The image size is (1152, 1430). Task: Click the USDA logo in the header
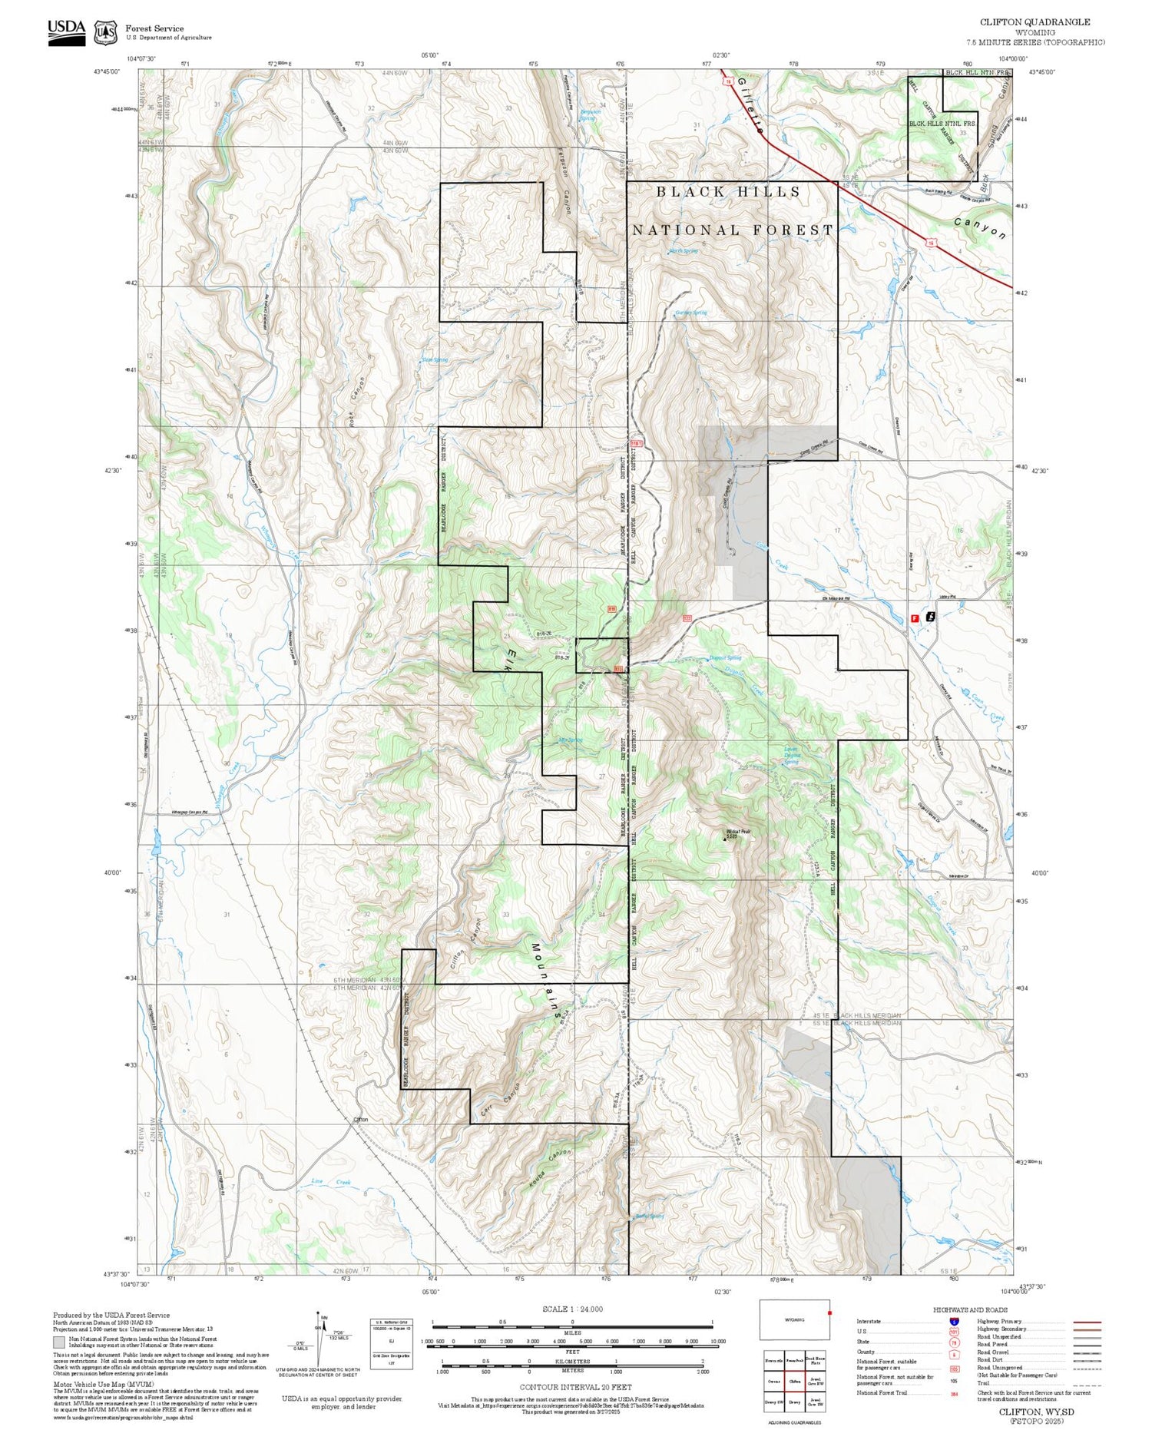coord(67,31)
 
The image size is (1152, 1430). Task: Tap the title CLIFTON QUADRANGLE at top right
coord(1034,22)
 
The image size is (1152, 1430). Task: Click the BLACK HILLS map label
coord(728,192)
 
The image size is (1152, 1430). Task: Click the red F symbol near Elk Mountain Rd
coord(914,617)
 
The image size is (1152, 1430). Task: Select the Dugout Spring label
coord(725,658)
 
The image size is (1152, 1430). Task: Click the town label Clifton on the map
coord(360,1119)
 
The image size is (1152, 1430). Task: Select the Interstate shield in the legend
coord(954,1320)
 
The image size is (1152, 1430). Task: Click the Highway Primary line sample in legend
coord(1084,1322)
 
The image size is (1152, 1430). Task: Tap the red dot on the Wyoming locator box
coord(829,1312)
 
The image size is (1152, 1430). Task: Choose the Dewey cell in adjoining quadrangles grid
coord(795,1402)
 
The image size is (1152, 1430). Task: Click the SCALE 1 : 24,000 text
coord(572,1309)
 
